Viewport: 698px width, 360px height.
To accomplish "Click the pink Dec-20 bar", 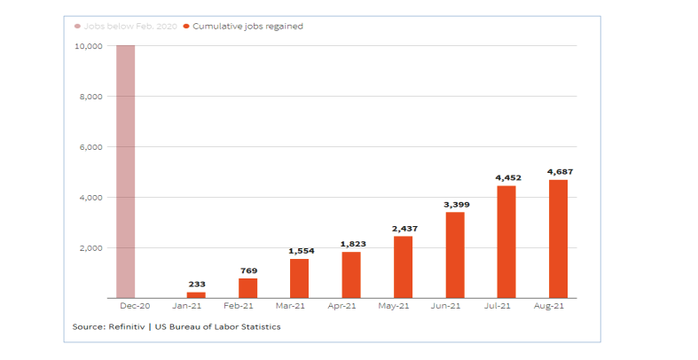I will pos(125,171).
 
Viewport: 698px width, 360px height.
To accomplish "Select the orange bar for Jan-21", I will pos(196,294).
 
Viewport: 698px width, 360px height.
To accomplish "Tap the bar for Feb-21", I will pos(247,288).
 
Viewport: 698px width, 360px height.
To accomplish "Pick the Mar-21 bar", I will pos(299,278).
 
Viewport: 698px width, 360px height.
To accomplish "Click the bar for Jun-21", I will pos(454,255).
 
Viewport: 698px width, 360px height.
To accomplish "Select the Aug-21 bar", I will pos(558,239).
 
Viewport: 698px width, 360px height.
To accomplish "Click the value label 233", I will pos(196,284).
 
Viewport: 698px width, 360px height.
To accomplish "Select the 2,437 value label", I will pos(403,228).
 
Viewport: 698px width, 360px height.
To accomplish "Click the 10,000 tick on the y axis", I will pos(89,46).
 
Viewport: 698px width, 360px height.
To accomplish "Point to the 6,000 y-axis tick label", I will pos(92,147).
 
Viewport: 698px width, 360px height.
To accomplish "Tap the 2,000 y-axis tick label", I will pos(92,248).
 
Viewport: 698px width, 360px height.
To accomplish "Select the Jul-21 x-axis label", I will pos(506,307).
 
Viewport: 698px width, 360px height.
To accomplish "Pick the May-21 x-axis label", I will pos(403,307).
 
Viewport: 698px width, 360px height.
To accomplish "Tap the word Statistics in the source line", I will pos(259,327).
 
